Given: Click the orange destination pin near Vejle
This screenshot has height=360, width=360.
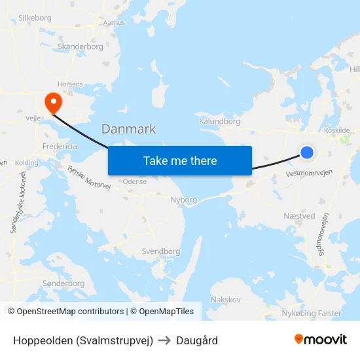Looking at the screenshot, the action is tap(52, 101).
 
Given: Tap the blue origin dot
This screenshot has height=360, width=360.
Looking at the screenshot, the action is tap(307, 153).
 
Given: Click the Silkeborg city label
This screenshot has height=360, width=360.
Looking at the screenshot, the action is tap(35, 18).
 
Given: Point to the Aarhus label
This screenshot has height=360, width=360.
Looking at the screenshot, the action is tap(114, 22).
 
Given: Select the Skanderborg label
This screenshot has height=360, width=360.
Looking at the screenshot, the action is tap(80, 46).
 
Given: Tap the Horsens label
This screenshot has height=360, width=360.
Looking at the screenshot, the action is tap(70, 84).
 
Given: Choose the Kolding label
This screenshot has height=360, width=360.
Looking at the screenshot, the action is tap(27, 162).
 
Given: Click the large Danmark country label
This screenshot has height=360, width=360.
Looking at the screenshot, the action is tap(128, 128).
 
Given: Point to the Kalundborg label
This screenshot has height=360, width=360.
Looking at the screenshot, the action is tap(219, 121).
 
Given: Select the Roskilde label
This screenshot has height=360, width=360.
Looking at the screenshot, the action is tap(336, 130).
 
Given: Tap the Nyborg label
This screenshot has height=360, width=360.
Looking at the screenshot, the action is tap(183, 200).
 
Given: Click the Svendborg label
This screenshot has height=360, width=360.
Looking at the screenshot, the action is tap(161, 251).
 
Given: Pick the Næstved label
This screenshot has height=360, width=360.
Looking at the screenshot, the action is tap(300, 215).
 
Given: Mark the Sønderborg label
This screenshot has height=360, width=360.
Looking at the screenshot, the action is tap(63, 283).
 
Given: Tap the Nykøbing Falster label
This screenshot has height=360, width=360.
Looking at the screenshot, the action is tap(311, 313).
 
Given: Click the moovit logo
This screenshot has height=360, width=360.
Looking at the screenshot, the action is tap(320, 340).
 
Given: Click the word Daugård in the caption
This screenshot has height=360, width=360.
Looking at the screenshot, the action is tap(197, 340).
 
